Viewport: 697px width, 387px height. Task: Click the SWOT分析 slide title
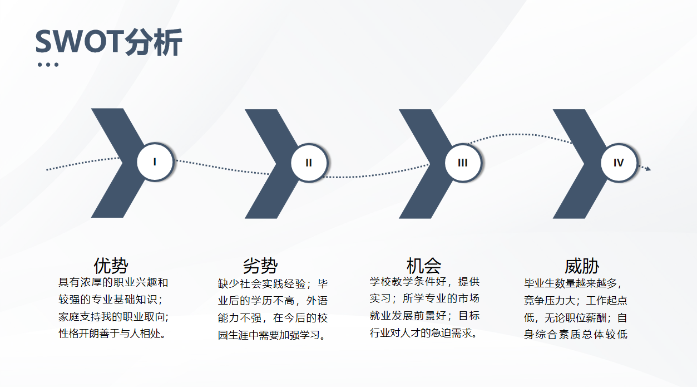coord(108,42)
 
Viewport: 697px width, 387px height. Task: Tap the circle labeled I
coord(155,162)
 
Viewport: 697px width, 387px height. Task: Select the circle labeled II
coord(309,163)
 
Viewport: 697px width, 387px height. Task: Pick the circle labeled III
coord(463,163)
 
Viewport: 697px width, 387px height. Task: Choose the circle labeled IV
coord(619,163)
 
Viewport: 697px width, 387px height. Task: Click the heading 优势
coord(111,266)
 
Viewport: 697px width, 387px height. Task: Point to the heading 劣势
coord(260,266)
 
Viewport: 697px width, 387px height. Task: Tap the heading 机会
coord(424,266)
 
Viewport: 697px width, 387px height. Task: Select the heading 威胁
coord(582,266)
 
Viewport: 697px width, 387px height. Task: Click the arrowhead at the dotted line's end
coord(648,169)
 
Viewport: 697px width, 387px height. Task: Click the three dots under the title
coord(48,65)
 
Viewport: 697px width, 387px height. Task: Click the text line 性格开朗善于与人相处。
coord(112,334)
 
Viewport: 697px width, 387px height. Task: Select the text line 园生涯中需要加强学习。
coord(272,335)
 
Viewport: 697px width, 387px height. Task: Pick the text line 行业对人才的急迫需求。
coord(424,333)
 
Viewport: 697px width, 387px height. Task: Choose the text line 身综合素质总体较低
coord(576,334)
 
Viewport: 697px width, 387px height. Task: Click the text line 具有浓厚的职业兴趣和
coord(113,283)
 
